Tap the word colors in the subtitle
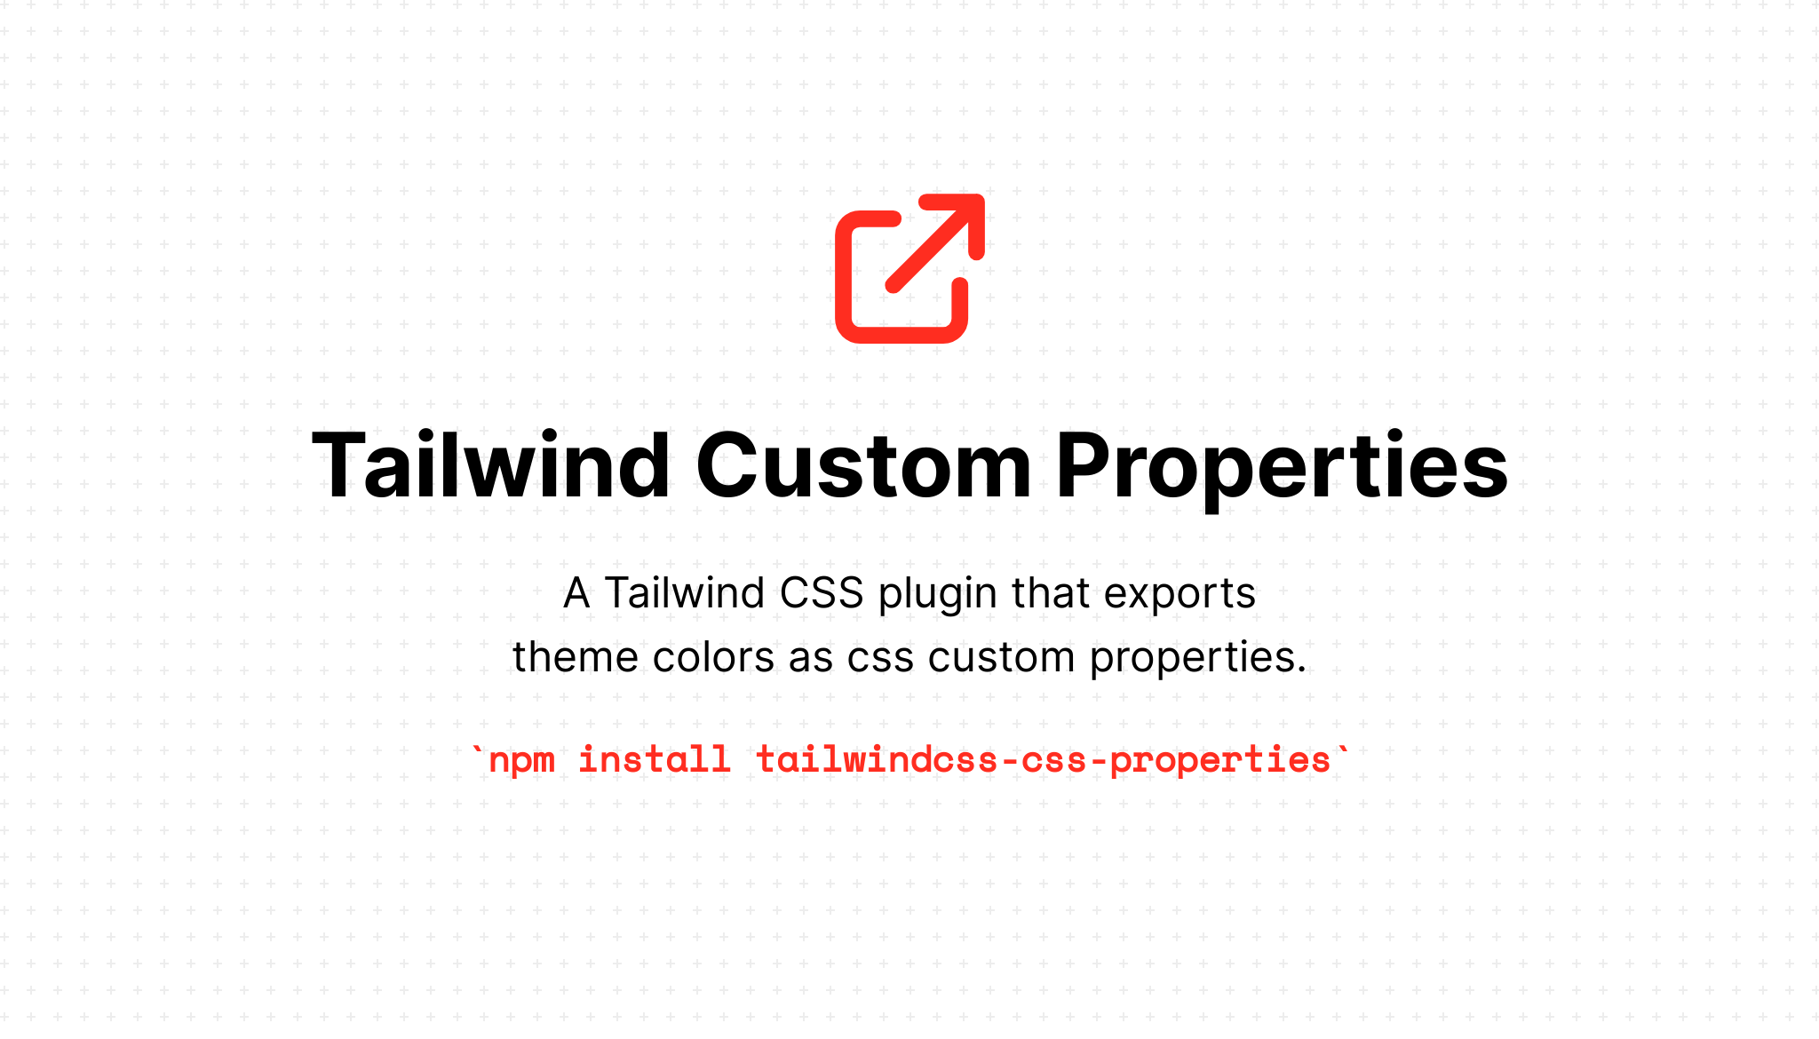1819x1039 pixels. pos(713,658)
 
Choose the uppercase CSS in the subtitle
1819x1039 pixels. pos(822,593)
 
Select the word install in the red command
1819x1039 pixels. pos(655,759)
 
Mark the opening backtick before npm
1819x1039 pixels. pos(478,750)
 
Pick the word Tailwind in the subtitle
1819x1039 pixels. pos(684,593)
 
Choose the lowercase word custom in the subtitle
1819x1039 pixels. pos(1002,658)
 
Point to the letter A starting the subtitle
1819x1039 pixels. pos(577,593)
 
